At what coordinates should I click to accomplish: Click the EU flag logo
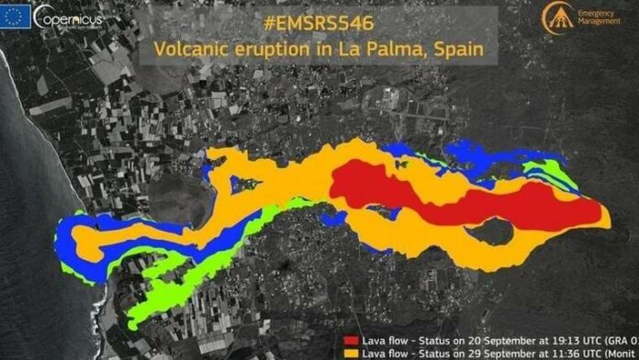17,16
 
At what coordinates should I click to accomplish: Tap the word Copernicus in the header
68,16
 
